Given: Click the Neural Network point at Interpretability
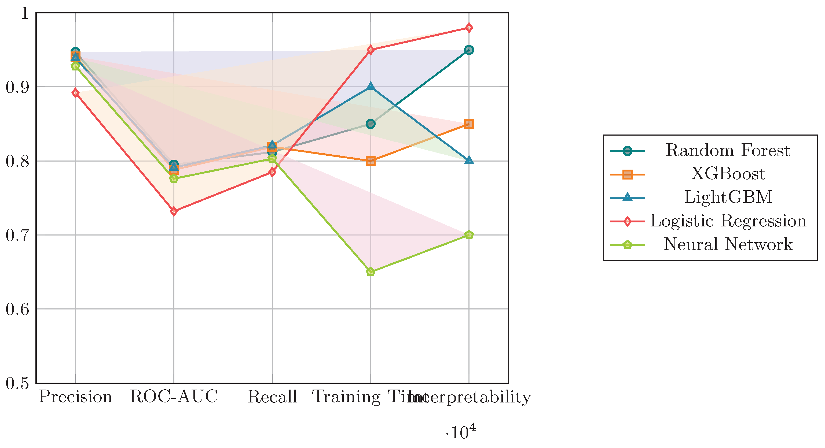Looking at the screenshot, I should click(469, 235).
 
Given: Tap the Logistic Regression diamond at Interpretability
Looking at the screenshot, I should click(469, 28).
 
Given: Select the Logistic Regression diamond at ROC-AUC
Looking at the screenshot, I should click(174, 211).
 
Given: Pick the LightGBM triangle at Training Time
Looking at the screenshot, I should click(371, 86).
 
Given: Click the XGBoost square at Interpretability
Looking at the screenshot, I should click(469, 124).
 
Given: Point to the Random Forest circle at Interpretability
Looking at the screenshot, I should click(469, 50).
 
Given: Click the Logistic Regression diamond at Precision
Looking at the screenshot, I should click(75, 93).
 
